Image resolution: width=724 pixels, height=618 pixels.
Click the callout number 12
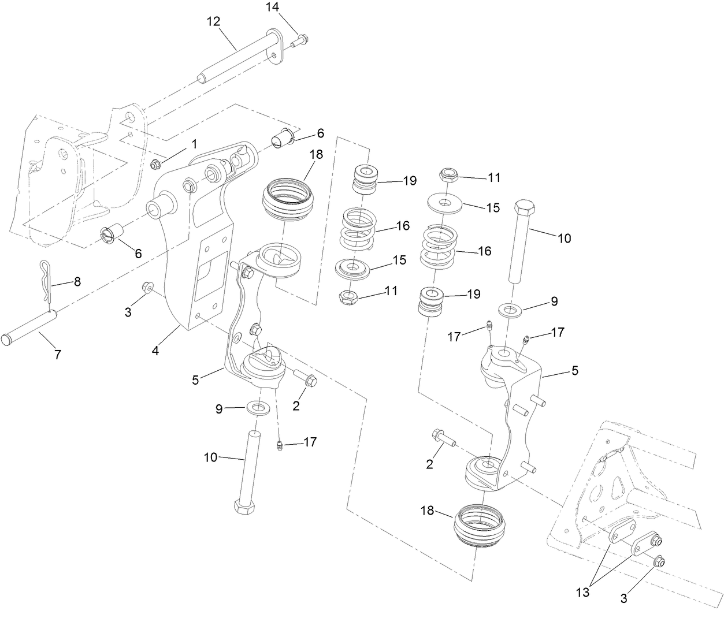[213, 22]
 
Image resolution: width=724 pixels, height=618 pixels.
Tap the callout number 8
[77, 282]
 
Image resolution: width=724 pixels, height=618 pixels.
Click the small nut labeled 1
[154, 166]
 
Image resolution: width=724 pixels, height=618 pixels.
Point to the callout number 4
[155, 350]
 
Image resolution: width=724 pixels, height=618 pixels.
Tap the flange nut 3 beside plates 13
[658, 561]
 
